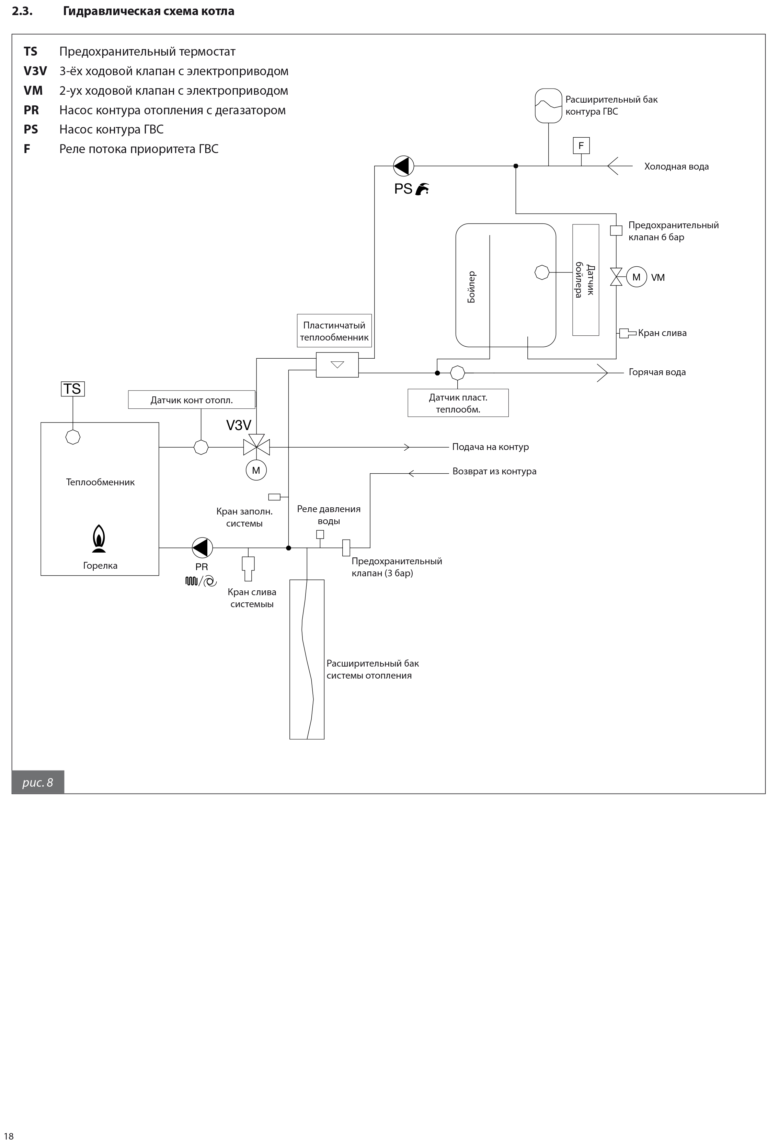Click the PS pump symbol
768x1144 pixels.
pos(404,166)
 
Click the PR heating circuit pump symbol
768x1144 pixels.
pos(202,547)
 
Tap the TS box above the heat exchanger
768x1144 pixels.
pos(72,389)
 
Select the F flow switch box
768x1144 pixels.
pos(581,146)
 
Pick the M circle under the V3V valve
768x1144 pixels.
pos(256,471)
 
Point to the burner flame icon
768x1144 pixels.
pos(100,539)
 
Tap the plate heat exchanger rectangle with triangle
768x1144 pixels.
pos(337,365)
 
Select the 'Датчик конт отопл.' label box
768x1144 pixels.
pos(192,400)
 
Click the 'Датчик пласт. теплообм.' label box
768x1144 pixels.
pos(458,403)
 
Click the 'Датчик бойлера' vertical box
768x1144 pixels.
pos(586,280)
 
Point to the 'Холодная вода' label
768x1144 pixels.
pos(676,166)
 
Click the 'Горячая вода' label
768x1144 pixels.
pos(657,372)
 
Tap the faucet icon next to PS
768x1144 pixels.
pos(422,189)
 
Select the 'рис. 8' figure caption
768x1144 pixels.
pos(38,783)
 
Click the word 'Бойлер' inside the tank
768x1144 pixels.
pos(471,287)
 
